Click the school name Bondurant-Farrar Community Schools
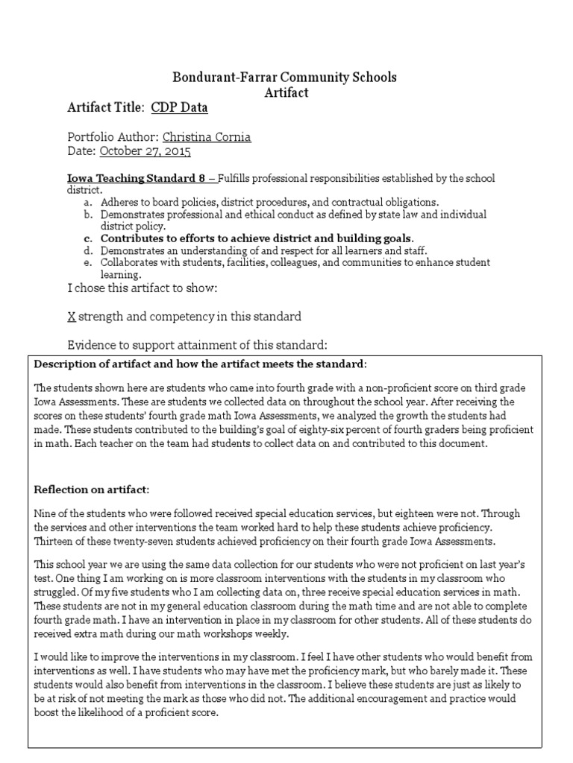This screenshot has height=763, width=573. pos(286,77)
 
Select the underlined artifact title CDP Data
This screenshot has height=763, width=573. pos(179,108)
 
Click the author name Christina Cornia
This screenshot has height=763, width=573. pos(207,137)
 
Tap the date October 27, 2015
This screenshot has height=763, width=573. pos(145,151)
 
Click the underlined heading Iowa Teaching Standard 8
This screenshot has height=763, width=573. pos(138,179)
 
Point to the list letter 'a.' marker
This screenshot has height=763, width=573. pos(88,202)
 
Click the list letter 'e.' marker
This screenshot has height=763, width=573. pos(88,263)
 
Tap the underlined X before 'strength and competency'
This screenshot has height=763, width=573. pos(71,317)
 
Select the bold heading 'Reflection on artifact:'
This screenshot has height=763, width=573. pos(93,490)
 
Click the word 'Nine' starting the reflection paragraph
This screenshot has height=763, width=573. pos(46,514)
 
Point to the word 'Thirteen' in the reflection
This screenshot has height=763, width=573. pos(56,541)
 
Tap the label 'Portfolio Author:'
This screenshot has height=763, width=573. pos(113,137)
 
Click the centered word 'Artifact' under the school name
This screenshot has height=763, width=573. pos(286,92)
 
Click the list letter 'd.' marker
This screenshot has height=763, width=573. pos(88,251)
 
